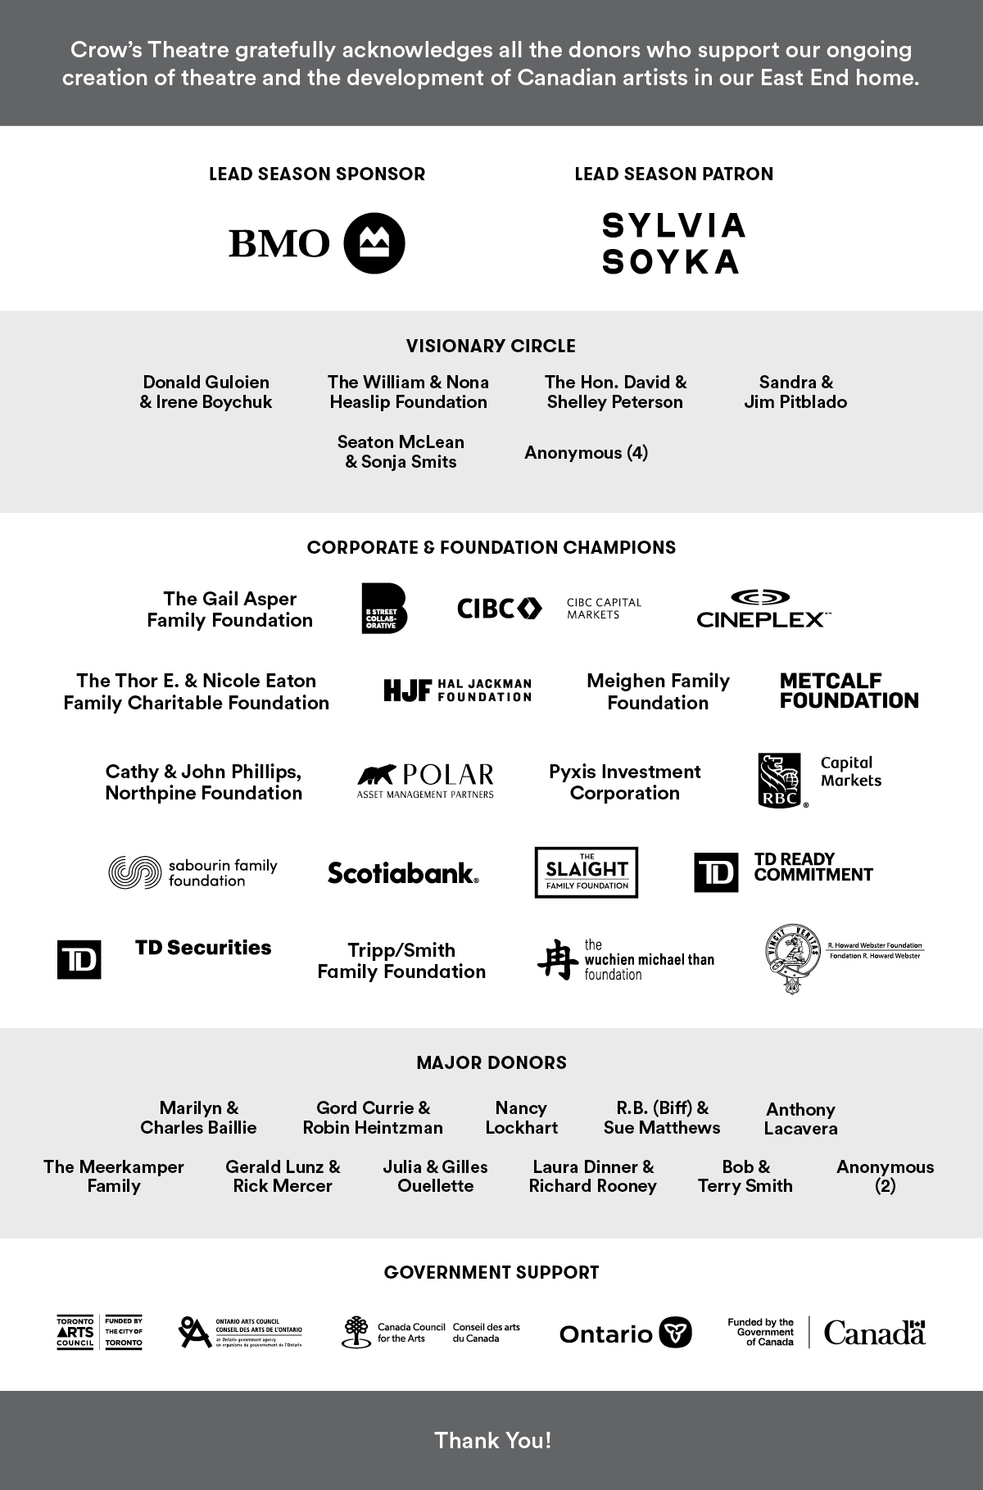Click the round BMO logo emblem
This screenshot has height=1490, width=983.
[374, 243]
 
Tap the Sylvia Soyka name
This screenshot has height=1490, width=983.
[673, 243]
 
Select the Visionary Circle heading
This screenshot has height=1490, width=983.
[491, 346]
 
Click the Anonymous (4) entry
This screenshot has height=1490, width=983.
[586, 452]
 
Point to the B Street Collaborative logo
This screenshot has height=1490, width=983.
[384, 609]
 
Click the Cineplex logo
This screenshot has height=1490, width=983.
[762, 609]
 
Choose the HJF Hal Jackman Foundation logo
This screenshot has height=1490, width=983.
[457, 691]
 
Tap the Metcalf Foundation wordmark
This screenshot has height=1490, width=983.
[849, 691]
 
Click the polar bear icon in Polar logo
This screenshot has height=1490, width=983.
[376, 774]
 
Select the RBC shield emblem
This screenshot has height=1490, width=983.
[781, 781]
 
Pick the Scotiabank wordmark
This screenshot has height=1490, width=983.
[403, 873]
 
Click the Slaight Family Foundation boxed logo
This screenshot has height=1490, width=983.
[586, 872]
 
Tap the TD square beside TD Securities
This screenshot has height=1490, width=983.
[79, 959]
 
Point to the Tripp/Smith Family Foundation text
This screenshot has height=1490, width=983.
[401, 961]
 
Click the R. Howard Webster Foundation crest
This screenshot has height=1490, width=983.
[790, 959]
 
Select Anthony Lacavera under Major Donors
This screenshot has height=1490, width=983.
[800, 1119]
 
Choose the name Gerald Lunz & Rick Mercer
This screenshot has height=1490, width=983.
[283, 1176]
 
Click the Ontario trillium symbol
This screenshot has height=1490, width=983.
[675, 1333]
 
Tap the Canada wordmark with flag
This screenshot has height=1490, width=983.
[874, 1333]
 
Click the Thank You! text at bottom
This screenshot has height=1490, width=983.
[492, 1440]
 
